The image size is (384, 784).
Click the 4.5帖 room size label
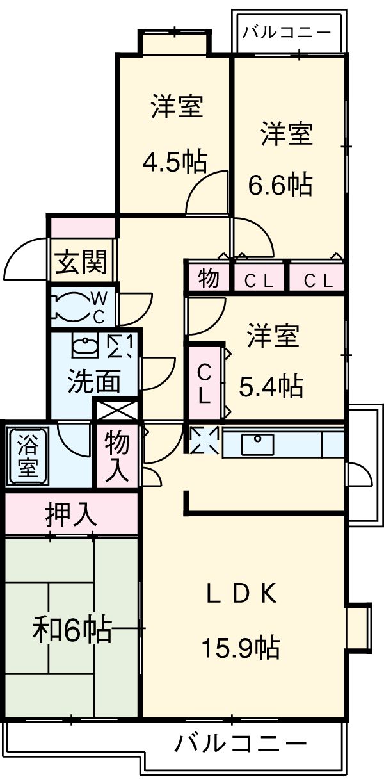(x=174, y=161)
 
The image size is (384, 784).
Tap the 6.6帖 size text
(x=280, y=184)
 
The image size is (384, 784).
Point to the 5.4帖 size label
(x=271, y=386)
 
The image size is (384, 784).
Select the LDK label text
(x=241, y=595)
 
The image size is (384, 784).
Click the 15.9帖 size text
(x=241, y=649)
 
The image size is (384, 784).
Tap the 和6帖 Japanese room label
(x=72, y=630)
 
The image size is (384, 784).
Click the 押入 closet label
(x=71, y=514)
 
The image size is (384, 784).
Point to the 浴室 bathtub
(x=28, y=455)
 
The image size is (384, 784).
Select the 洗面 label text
(x=94, y=382)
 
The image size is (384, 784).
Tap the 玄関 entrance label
(x=81, y=262)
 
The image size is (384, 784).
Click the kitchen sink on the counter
(x=258, y=444)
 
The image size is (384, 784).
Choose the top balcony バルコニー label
(x=287, y=31)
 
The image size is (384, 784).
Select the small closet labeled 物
(x=207, y=279)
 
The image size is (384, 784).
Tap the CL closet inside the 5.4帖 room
(x=204, y=382)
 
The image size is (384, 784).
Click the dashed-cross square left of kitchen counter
(x=205, y=441)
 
